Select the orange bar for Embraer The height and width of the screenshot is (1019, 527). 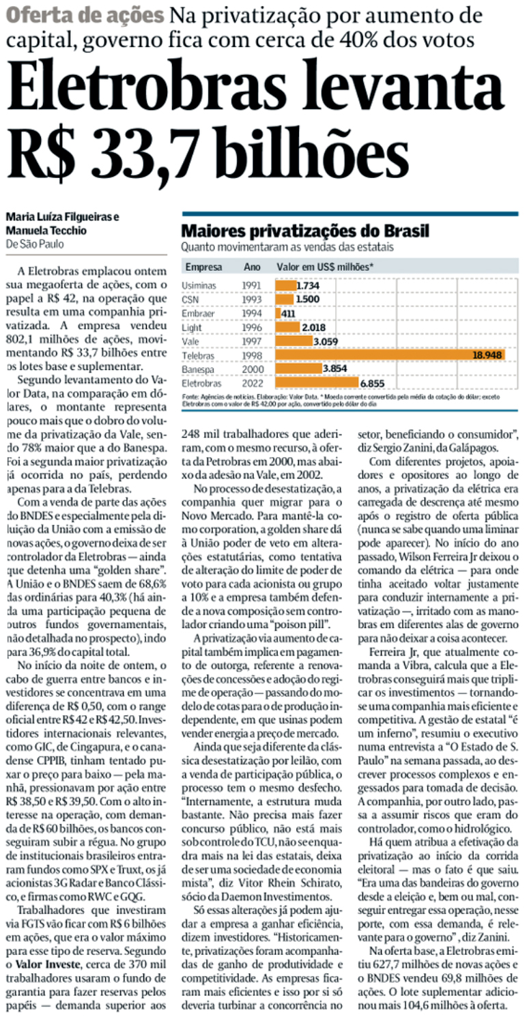coord(277,313)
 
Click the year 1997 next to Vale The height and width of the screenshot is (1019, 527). coord(251,341)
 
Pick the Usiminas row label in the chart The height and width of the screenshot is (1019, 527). coord(199,285)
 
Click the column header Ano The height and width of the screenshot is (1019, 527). coord(251,267)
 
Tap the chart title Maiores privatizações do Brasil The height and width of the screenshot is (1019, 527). coord(305,232)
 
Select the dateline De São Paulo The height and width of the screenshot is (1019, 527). coord(38,244)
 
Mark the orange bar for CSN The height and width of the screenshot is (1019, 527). coord(285,299)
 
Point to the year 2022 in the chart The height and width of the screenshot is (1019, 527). coord(251,384)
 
